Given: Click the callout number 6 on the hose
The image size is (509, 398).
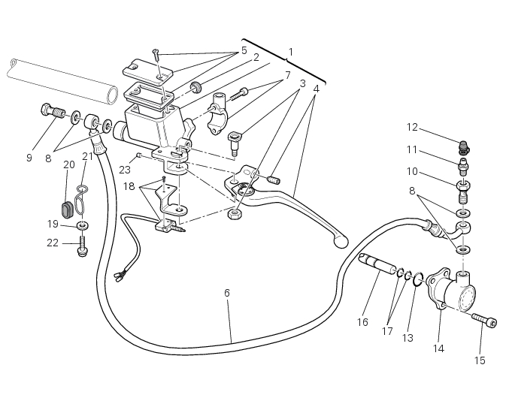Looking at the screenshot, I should (226, 292).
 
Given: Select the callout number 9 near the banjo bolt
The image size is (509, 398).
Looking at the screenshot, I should (29, 158).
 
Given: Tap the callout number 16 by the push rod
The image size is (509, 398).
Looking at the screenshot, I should (362, 322).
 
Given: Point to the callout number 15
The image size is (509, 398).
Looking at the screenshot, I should (480, 360).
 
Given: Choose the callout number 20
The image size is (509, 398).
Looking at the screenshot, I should (68, 164).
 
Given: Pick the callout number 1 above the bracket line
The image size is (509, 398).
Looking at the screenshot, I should (290, 52).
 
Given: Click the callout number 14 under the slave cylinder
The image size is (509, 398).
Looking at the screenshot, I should (439, 348).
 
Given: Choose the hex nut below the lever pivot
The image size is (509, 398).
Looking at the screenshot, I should (235, 213).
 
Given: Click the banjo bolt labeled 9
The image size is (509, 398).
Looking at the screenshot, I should (52, 113).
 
